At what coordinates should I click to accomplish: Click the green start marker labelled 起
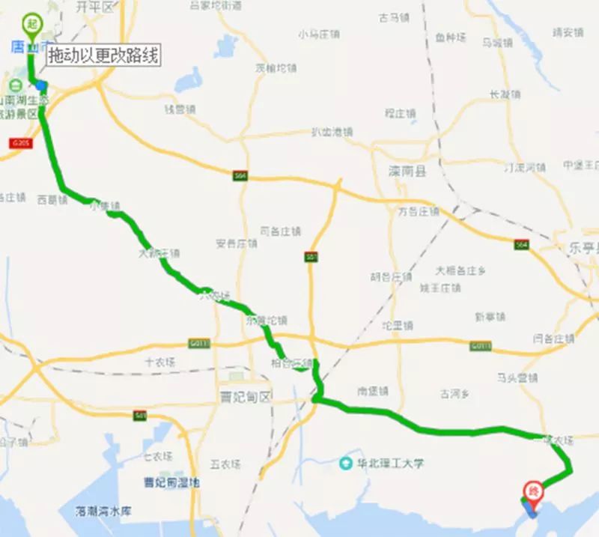point(31,24)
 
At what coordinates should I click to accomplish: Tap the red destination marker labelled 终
point(533,491)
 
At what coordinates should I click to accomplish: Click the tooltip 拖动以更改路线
point(103,55)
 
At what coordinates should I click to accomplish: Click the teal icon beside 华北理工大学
point(345,463)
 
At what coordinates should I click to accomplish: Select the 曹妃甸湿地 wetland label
point(172,483)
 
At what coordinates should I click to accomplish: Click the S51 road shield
point(310,257)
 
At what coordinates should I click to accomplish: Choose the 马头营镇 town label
point(517,377)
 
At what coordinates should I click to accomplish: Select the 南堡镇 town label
point(372,390)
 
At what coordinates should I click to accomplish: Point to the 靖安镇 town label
point(567,32)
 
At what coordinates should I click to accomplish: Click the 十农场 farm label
point(159,361)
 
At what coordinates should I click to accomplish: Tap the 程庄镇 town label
point(400,113)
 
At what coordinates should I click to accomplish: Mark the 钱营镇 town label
point(180,109)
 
